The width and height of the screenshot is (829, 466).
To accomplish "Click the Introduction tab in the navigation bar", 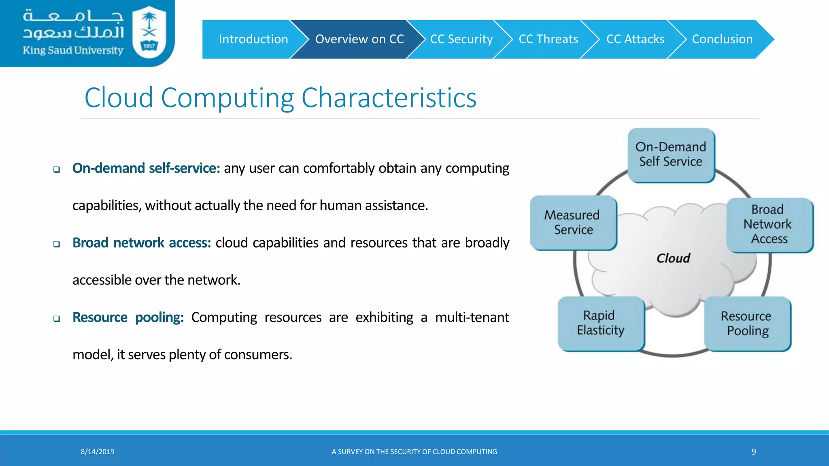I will [253, 39].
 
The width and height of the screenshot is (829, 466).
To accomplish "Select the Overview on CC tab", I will [359, 39].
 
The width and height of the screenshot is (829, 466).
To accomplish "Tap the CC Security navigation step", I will [461, 39].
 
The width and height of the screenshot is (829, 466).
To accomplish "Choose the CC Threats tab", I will [548, 39].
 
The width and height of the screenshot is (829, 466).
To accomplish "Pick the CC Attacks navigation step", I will [635, 39].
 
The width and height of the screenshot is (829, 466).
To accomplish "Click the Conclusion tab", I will [722, 39].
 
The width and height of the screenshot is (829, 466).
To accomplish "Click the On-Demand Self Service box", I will [671, 155].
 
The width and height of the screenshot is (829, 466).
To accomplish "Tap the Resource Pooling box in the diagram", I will [747, 324].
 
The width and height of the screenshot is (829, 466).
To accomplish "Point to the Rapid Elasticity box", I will [601, 323].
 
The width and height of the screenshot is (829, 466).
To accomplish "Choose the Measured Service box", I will [573, 222].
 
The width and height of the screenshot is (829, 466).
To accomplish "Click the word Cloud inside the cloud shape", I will [673, 258].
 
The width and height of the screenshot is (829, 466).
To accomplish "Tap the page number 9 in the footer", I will [754, 452].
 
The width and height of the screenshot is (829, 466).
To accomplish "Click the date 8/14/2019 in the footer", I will [98, 452].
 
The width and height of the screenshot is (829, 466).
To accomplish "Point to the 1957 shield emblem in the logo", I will [149, 34].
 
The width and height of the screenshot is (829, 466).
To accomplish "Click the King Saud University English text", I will [73, 51].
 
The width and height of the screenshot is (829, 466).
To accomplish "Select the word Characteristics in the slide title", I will [389, 98].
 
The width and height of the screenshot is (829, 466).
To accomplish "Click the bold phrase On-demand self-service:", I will [146, 168].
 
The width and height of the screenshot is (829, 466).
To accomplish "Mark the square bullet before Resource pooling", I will [57, 319].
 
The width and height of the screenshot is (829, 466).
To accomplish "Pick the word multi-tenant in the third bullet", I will [472, 318].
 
